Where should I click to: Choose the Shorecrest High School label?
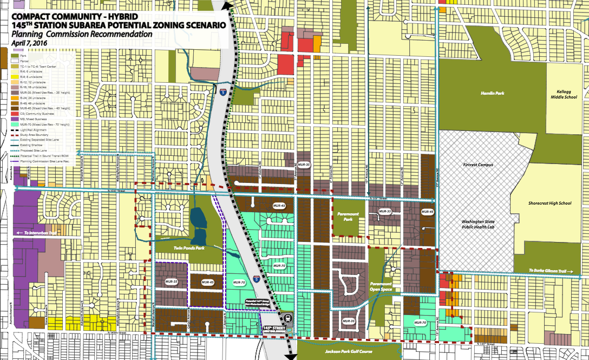tap(549, 204)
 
